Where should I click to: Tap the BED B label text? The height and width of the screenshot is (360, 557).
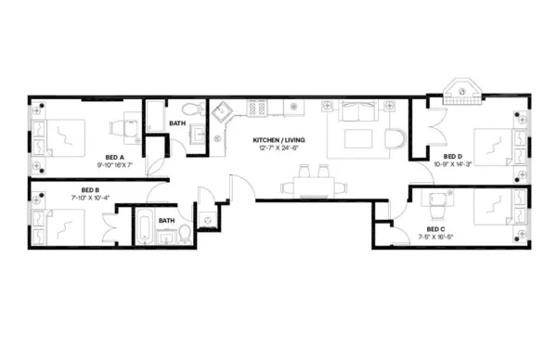point(90,189)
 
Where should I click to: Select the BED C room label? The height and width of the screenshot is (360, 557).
point(434,228)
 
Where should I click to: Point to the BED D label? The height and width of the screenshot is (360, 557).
point(452,156)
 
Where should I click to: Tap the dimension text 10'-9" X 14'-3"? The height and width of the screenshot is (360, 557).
point(452,164)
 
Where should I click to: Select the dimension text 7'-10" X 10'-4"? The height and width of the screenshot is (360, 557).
point(90,198)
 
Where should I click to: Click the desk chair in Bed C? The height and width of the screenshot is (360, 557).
point(434,198)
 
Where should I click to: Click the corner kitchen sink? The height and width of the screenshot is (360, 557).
point(223,114)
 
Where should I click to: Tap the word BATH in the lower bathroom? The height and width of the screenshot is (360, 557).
point(166,220)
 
